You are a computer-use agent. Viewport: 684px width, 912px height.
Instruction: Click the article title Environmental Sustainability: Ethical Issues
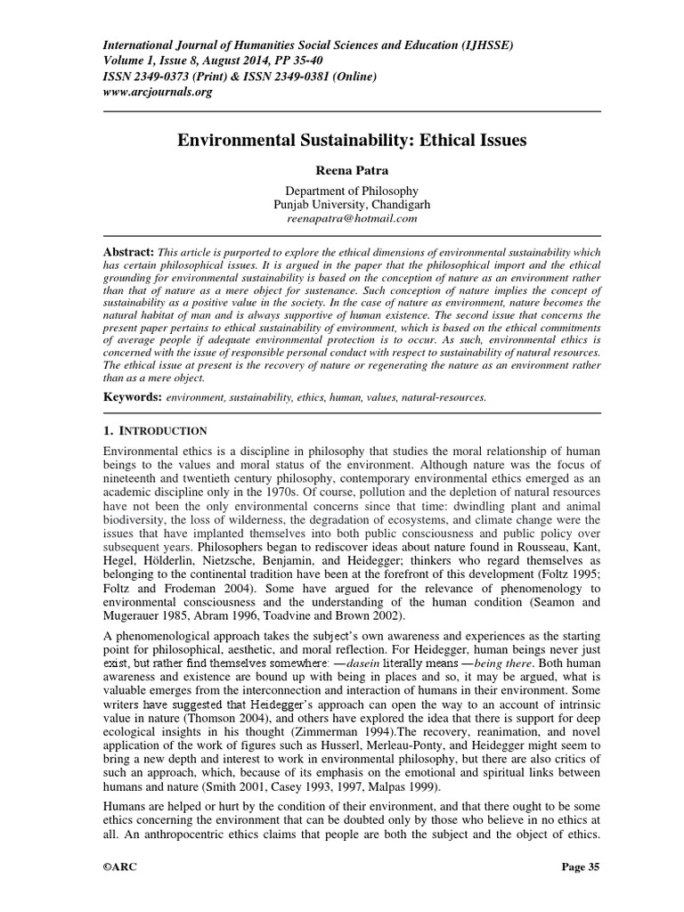click(x=341, y=140)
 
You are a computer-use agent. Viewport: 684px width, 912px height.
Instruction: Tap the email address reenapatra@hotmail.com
click(x=341, y=217)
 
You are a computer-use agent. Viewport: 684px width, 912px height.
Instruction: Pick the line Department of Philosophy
click(x=341, y=191)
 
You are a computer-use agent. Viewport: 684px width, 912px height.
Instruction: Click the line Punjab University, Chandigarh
click(x=341, y=204)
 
